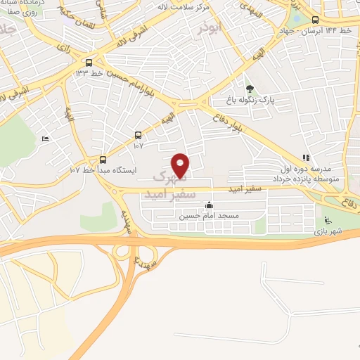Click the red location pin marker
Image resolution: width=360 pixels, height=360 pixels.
(x=181, y=165)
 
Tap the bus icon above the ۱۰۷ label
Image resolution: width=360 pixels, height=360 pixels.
(x=137, y=136)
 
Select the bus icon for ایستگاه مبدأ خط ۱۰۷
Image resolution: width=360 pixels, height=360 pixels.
(x=103, y=160)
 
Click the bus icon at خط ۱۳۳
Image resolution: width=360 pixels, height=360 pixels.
(x=88, y=62)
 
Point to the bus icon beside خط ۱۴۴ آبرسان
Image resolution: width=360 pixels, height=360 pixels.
(x=315, y=20)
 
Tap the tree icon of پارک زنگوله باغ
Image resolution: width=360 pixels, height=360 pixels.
(x=250, y=89)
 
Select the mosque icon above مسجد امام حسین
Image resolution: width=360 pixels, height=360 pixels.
(x=209, y=206)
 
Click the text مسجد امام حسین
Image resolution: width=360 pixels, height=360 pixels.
(x=209, y=216)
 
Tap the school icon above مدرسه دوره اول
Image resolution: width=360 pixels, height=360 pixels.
(x=305, y=158)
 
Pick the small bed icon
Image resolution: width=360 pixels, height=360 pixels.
(x=46, y=139)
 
